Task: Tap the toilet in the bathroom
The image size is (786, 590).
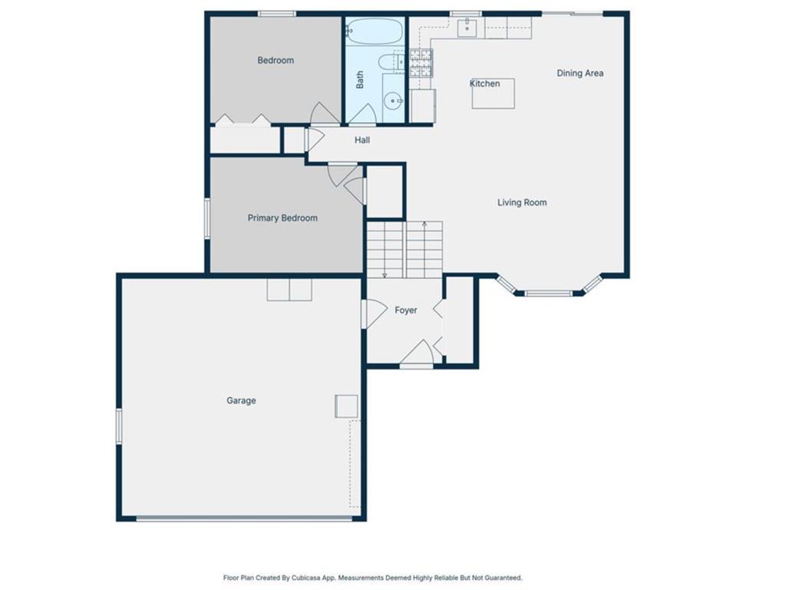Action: [x=388, y=62]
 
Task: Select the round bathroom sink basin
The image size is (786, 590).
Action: [x=394, y=100]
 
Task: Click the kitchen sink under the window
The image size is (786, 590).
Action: [x=467, y=28]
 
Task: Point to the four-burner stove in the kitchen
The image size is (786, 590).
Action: [x=421, y=63]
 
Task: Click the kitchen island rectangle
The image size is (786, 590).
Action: [x=493, y=93]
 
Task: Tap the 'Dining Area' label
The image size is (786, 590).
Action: [x=580, y=73]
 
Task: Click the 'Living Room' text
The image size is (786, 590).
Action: [x=522, y=203]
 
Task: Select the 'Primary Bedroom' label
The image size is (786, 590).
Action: [x=282, y=218]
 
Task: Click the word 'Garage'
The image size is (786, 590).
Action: [x=241, y=400]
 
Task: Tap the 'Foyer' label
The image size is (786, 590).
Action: [x=406, y=310]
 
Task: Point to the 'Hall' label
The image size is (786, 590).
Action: [x=362, y=140]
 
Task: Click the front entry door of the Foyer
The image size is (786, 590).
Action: [x=417, y=354]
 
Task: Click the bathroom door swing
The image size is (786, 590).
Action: [x=362, y=115]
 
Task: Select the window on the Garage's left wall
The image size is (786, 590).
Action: [x=119, y=426]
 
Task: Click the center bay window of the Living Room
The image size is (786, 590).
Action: [x=548, y=293]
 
